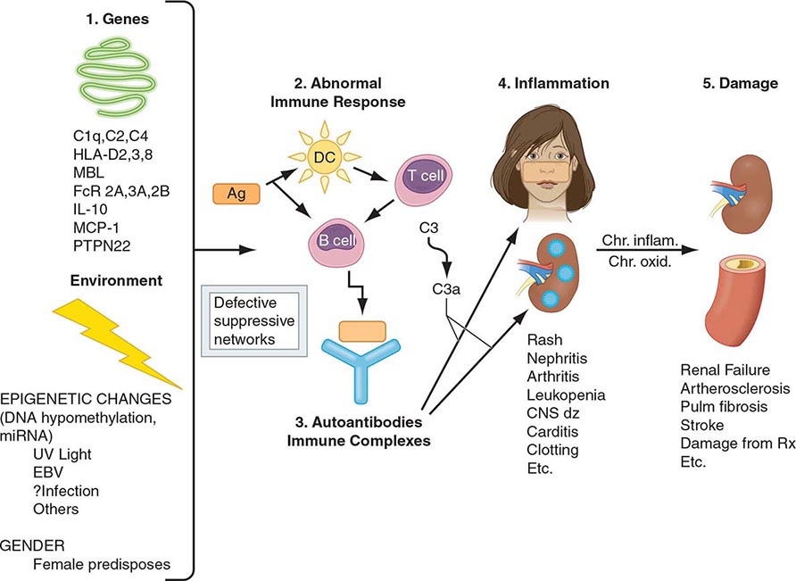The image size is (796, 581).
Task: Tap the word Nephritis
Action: (x=556, y=359)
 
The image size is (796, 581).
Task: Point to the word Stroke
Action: (x=701, y=425)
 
